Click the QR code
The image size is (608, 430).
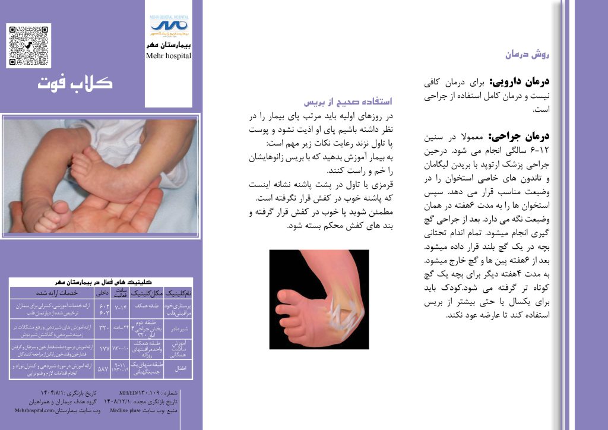pyautogui.click(x=29, y=45)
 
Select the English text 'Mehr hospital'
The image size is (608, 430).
pyautogui.click(x=169, y=56)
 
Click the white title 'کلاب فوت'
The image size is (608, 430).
pyautogui.click(x=75, y=83)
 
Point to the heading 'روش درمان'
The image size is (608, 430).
pyautogui.click(x=528, y=55)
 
